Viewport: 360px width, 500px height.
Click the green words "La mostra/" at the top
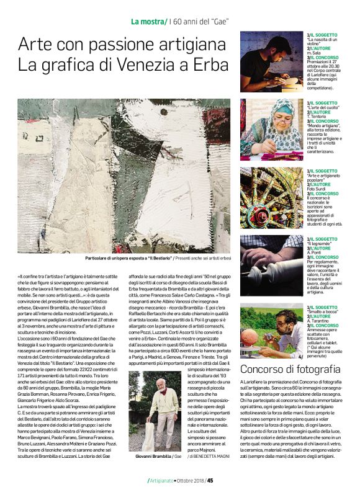(x=148, y=22)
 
